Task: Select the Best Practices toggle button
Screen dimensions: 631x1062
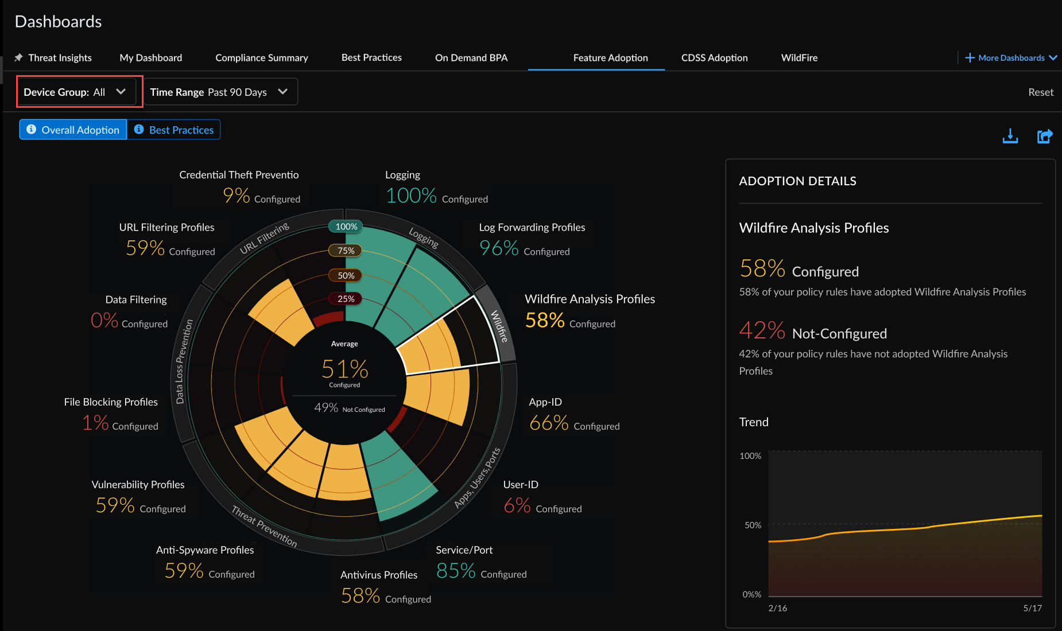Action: pyautogui.click(x=174, y=130)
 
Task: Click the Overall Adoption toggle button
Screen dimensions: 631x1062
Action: pyautogui.click(x=73, y=130)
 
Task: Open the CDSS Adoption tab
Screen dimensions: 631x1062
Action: pyautogui.click(x=714, y=57)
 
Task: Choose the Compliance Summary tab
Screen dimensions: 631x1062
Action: pyautogui.click(x=261, y=57)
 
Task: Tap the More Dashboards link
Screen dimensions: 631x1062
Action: pyautogui.click(x=1011, y=57)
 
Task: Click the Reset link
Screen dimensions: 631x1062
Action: pyautogui.click(x=1040, y=92)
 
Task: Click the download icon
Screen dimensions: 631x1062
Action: pyautogui.click(x=1010, y=137)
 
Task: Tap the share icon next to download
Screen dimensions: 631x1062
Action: pyautogui.click(x=1044, y=137)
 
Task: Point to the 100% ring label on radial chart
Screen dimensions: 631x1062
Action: pyautogui.click(x=346, y=227)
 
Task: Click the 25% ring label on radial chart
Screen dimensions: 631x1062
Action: pyautogui.click(x=346, y=298)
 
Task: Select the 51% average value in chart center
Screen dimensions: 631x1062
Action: pyautogui.click(x=344, y=369)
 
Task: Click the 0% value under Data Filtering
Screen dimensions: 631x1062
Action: pyautogui.click(x=104, y=320)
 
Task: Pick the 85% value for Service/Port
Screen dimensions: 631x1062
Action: pyautogui.click(x=456, y=570)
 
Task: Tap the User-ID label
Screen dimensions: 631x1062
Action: pyautogui.click(x=520, y=484)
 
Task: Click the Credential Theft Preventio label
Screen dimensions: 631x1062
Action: pyautogui.click(x=239, y=174)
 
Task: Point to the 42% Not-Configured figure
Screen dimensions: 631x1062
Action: pyautogui.click(x=762, y=331)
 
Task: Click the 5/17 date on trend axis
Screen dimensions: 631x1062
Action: pyautogui.click(x=1032, y=608)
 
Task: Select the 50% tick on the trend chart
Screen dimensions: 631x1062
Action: pyautogui.click(x=753, y=525)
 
